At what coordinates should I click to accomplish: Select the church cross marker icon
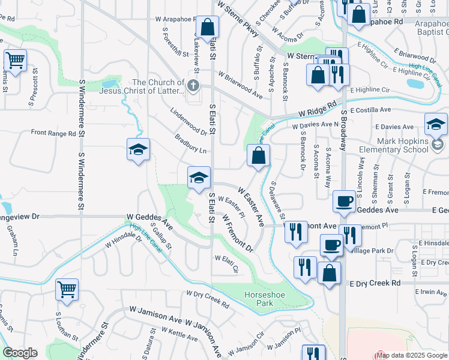(x=193, y=85)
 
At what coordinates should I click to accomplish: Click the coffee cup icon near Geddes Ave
(x=344, y=202)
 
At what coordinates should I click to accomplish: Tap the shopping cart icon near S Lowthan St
(x=67, y=289)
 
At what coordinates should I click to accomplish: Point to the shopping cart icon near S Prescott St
(x=15, y=60)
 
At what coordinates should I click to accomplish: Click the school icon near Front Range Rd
(x=138, y=150)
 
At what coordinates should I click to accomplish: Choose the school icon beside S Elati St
(x=199, y=178)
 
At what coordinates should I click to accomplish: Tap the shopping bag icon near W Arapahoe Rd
(x=207, y=28)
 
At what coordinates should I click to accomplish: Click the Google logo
(x=20, y=353)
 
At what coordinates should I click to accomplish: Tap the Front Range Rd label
(x=53, y=133)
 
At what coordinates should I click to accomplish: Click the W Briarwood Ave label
(x=240, y=85)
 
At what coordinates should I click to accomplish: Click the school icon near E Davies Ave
(x=435, y=125)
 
